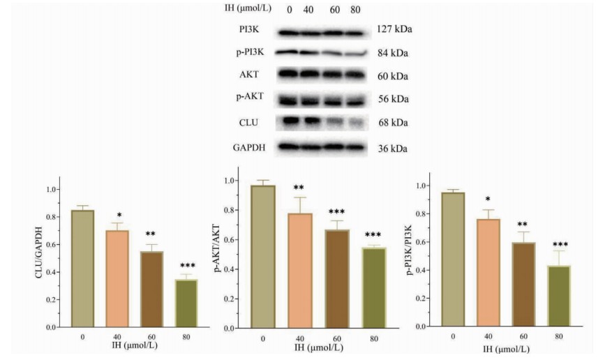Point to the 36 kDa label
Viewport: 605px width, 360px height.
click(391, 149)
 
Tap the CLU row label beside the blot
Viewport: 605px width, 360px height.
click(248, 123)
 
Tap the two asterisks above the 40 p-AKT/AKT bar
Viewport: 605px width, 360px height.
click(298, 188)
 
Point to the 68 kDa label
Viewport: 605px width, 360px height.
click(391, 123)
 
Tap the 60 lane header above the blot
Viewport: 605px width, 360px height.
click(335, 10)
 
